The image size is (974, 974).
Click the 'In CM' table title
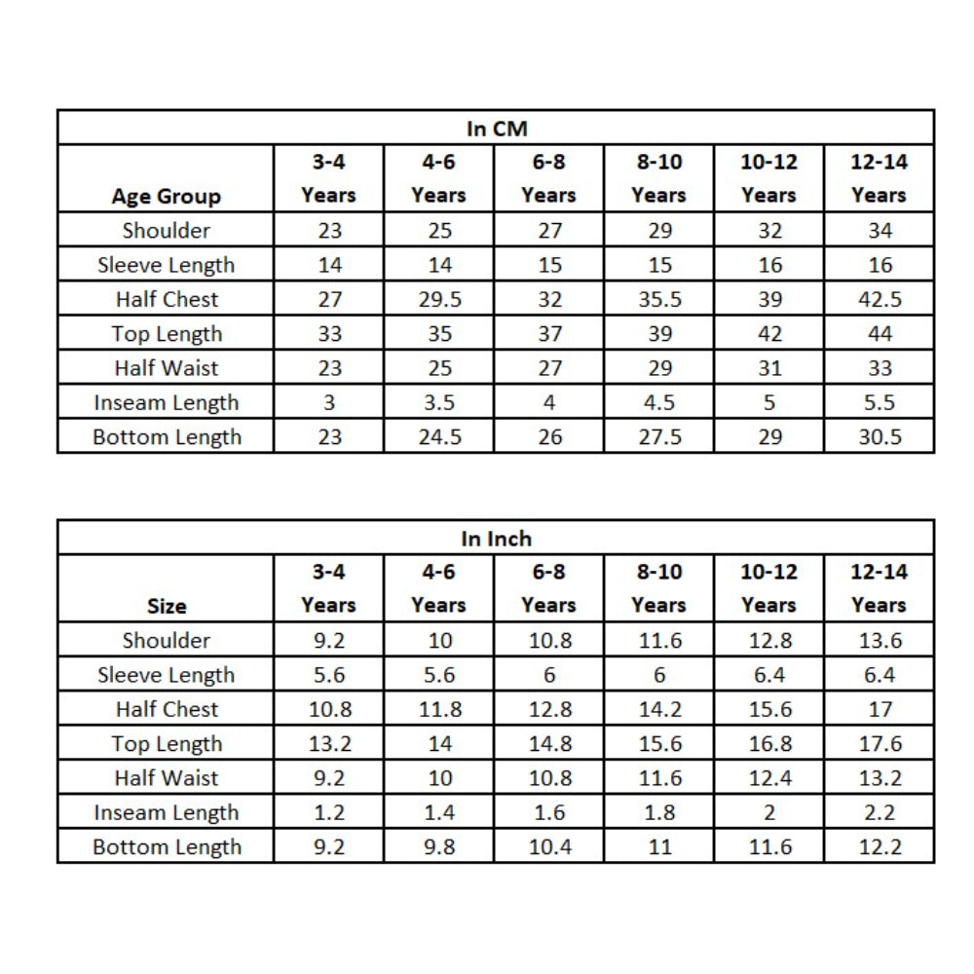pyautogui.click(x=496, y=129)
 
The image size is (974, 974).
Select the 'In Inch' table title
pyautogui.click(x=496, y=539)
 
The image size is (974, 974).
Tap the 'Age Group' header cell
pyautogui.click(x=166, y=196)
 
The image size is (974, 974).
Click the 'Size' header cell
pyautogui.click(x=166, y=606)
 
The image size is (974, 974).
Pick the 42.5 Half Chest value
pyautogui.click(x=879, y=299)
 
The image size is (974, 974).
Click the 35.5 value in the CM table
pyautogui.click(x=658, y=299)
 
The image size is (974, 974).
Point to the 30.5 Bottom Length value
pyautogui.click(x=879, y=437)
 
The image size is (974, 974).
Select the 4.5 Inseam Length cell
pyautogui.click(x=658, y=402)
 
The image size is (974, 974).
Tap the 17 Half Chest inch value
pyautogui.click(x=879, y=709)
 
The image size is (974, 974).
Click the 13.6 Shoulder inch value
pyautogui.click(x=879, y=640)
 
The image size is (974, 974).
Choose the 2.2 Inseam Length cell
pyautogui.click(x=879, y=812)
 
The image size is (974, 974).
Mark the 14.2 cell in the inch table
pyautogui.click(x=658, y=709)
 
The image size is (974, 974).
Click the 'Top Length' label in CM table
pyautogui.click(x=166, y=334)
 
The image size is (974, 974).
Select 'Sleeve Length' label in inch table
pyautogui.click(x=166, y=675)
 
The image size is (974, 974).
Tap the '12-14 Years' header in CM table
pyautogui.click(x=879, y=178)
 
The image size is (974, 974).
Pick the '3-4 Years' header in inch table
pyautogui.click(x=328, y=588)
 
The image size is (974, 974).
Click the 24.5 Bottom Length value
pyautogui.click(x=438, y=437)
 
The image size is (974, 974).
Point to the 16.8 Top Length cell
pyautogui.click(x=768, y=744)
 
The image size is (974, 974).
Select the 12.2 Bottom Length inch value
pyautogui.click(x=879, y=847)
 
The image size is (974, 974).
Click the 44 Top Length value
pyautogui.click(x=879, y=334)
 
